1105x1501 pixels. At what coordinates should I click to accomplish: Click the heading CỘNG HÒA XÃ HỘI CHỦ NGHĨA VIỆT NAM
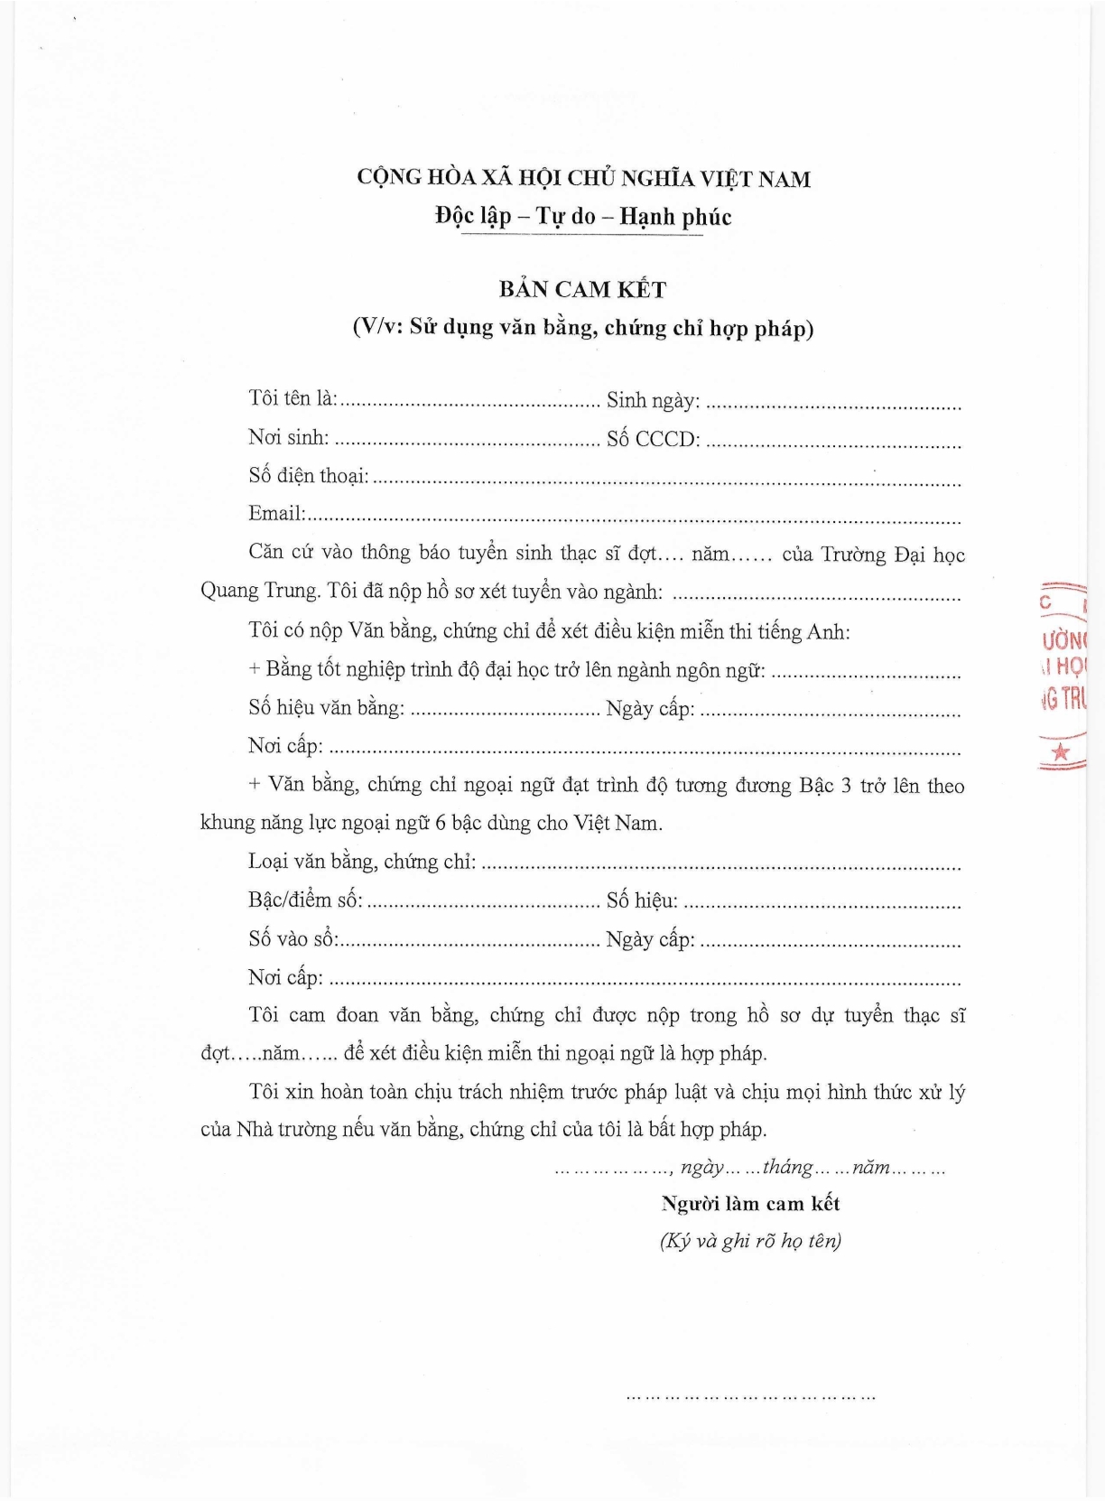point(583,178)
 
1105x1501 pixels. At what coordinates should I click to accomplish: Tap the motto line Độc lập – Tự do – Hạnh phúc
point(583,217)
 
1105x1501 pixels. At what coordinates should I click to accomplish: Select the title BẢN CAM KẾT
point(583,290)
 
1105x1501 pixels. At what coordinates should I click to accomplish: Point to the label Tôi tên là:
point(292,398)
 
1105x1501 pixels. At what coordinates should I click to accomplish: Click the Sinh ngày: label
point(653,400)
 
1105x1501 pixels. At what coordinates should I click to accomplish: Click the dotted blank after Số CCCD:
point(832,443)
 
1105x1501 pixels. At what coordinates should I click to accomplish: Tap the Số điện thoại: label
point(309,476)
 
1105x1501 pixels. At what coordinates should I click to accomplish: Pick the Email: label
point(277,514)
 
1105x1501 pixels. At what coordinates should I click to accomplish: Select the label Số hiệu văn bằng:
point(326,707)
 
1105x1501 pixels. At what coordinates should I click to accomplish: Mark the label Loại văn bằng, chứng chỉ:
point(362,862)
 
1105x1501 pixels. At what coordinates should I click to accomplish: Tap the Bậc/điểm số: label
point(305,900)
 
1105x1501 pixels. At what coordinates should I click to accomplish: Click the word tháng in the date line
point(787,1167)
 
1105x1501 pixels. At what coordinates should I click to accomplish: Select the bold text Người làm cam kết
point(750,1204)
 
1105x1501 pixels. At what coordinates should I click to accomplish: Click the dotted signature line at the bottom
point(751,1396)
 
